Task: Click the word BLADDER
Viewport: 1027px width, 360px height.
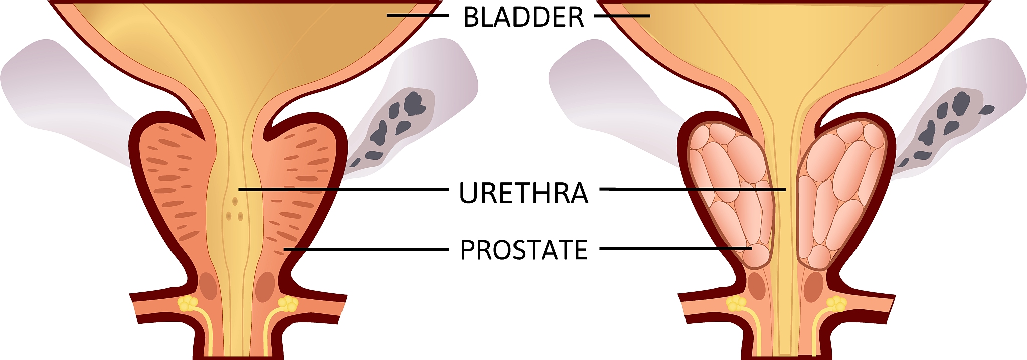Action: coord(524,17)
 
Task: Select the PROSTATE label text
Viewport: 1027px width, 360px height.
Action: coord(524,250)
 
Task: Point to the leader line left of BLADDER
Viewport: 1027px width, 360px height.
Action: coord(416,15)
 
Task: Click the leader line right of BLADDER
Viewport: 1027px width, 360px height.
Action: coord(622,16)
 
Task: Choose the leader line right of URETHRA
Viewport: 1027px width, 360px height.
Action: coord(692,189)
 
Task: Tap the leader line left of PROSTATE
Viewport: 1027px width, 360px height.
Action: coord(366,249)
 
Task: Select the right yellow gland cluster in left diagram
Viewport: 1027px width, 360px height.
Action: coord(288,303)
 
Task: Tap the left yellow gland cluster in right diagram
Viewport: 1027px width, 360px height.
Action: coord(736,303)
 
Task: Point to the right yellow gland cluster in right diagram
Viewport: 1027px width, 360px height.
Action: coord(836,303)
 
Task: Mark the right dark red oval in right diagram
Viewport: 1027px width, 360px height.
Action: coord(813,287)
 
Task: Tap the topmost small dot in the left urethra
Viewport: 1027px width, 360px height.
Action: coord(235,201)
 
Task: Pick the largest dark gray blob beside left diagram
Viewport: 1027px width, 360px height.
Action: coord(414,103)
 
